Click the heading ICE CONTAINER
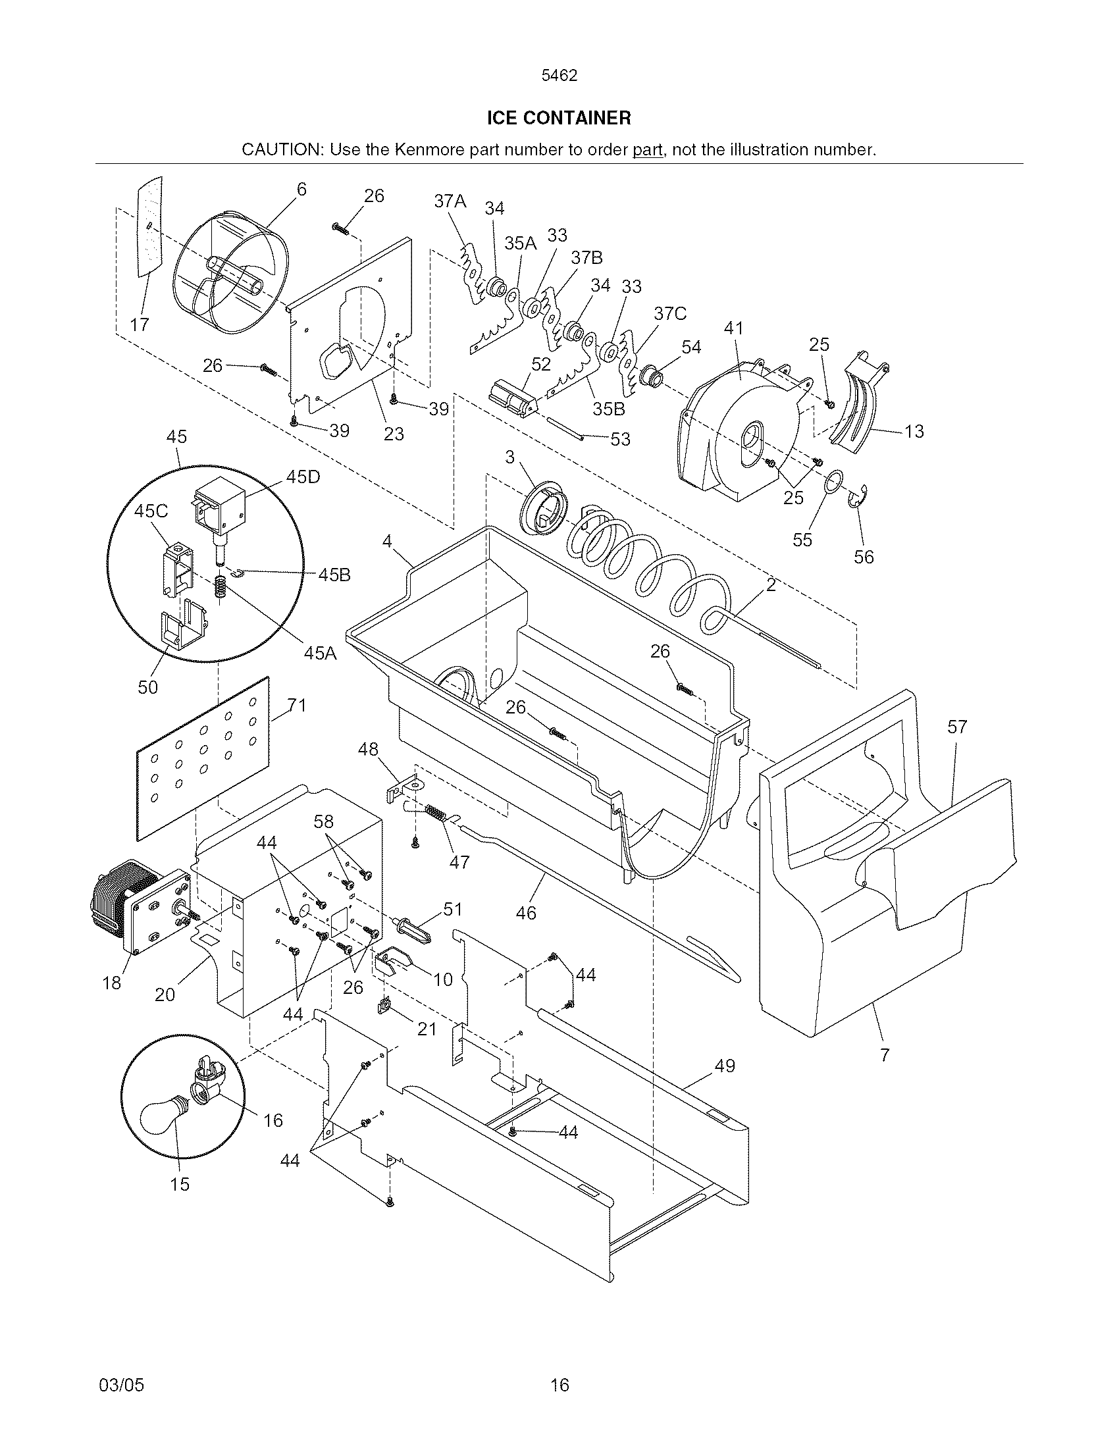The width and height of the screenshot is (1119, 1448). pyautogui.click(x=559, y=118)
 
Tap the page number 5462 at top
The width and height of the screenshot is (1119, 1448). pyautogui.click(x=559, y=76)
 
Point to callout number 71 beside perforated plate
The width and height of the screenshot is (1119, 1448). pyautogui.click(x=297, y=706)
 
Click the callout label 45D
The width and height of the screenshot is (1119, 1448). pyautogui.click(x=303, y=477)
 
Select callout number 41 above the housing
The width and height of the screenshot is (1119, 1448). pyautogui.click(x=733, y=328)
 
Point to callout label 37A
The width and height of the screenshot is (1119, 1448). pyautogui.click(x=450, y=201)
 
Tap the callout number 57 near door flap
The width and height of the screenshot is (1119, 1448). pyautogui.click(x=956, y=727)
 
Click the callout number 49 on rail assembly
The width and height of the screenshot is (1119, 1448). pyautogui.click(x=725, y=1066)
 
